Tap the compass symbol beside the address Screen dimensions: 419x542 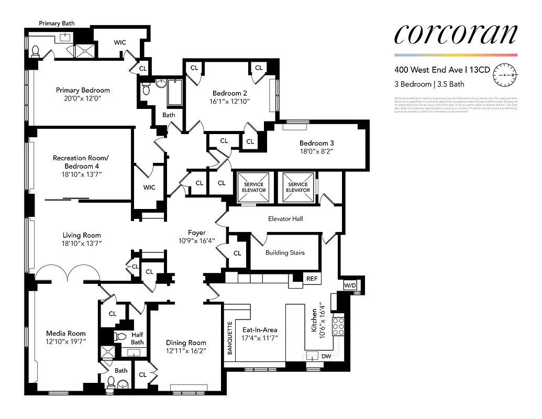coord(505,75)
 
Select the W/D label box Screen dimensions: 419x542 coord(349,285)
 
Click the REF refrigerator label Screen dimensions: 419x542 coord(312,279)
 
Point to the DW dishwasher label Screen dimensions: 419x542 coord(326,356)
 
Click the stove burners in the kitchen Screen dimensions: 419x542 coord(338,325)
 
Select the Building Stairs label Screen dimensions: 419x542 coord(285,253)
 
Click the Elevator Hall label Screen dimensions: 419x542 coord(285,218)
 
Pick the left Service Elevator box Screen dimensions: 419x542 coord(254,187)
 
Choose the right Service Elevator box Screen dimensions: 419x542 coord(298,187)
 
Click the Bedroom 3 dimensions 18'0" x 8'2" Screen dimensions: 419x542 coord(316,151)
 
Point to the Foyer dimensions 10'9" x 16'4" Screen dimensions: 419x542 coord(197,241)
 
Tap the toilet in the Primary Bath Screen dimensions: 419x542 coord(36,51)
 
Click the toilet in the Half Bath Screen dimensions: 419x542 coord(121,336)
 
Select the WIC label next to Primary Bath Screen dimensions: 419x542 coord(120,42)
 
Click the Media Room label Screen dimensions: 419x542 coord(65,333)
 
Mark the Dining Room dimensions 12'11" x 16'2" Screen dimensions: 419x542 coord(186,350)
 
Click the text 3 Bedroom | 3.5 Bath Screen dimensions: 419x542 coord(429,84)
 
